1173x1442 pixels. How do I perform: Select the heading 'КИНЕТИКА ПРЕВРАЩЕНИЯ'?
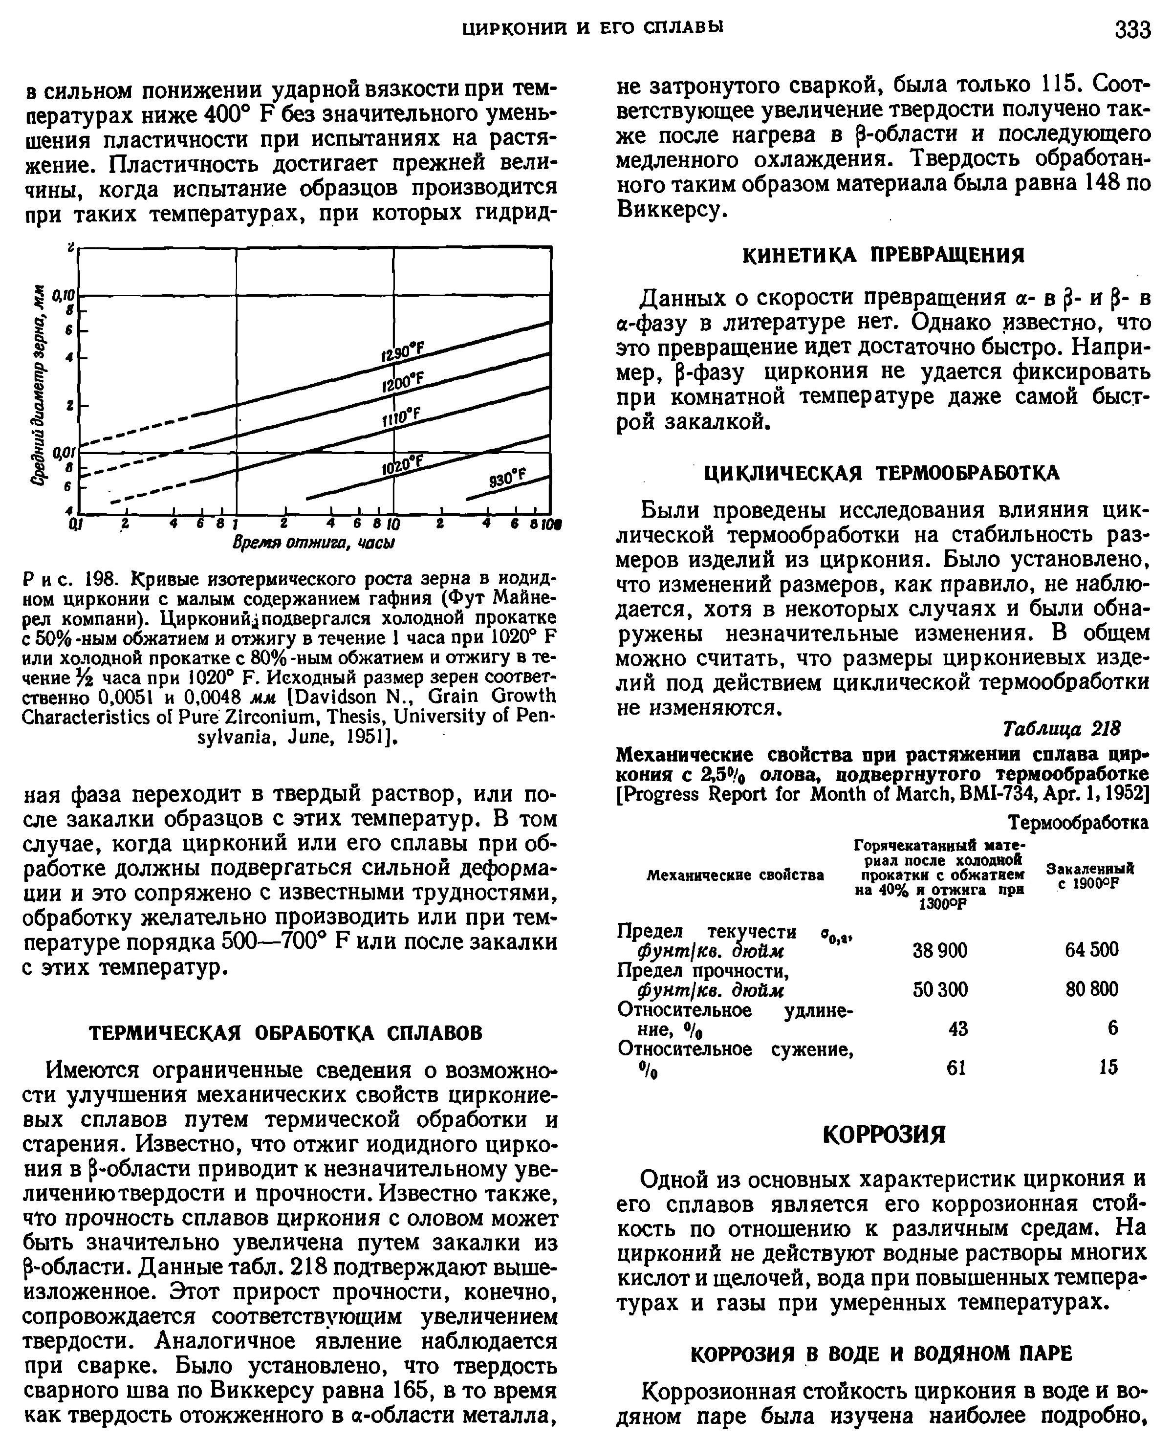click(x=883, y=256)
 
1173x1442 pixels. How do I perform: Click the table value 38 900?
click(x=940, y=950)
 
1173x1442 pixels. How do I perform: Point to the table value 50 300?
click(x=940, y=989)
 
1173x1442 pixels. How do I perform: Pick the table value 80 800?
click(x=1091, y=989)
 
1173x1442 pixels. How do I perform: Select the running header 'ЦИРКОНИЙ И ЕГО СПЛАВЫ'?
click(x=592, y=28)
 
